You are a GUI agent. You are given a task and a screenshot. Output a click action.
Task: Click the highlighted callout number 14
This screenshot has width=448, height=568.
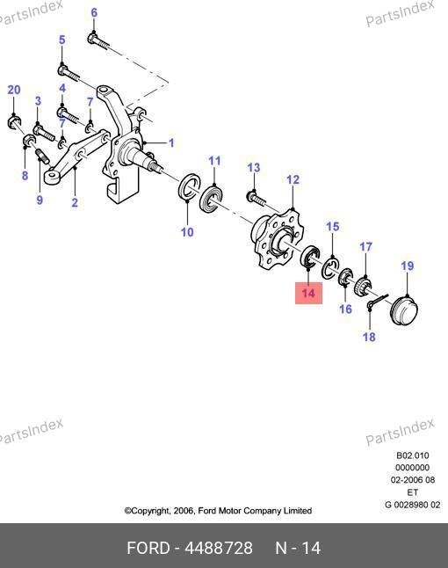(308, 293)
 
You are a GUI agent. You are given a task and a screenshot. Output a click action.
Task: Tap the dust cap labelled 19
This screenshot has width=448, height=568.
(404, 311)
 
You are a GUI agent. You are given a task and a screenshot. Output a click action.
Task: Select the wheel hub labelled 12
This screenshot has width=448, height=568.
(277, 239)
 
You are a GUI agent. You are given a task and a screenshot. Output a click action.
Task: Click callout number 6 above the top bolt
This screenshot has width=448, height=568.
(94, 12)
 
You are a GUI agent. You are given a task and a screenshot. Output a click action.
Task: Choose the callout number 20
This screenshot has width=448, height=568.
(14, 90)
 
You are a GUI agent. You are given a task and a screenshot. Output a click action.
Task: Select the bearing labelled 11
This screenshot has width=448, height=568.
(211, 199)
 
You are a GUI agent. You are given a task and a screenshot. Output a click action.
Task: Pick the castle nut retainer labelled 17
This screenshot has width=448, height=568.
(364, 286)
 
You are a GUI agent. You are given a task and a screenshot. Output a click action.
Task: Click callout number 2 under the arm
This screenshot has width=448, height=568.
(75, 202)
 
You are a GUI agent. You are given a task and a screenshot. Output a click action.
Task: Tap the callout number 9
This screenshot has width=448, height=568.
(40, 200)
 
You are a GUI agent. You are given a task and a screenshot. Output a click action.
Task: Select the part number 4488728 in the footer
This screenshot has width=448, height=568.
(219, 548)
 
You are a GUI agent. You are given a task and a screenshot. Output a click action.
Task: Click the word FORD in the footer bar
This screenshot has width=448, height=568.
(148, 548)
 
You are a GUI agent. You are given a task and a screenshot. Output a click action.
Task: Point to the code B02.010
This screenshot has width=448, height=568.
(413, 455)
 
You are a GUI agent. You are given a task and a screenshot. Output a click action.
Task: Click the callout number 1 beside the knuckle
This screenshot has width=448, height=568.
(171, 142)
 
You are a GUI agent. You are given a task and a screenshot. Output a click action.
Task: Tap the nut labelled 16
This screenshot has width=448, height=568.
(345, 277)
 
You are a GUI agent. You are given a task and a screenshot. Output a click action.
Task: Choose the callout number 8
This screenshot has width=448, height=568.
(25, 175)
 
